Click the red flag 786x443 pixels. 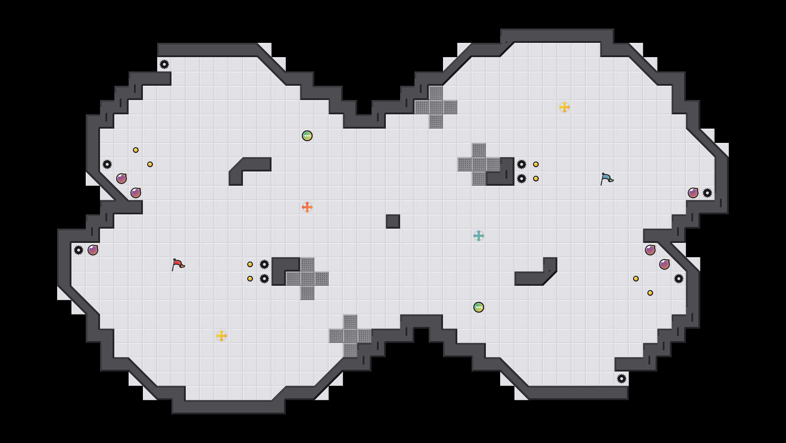(178, 264)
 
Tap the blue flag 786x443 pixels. (606, 179)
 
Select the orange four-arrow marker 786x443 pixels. (307, 207)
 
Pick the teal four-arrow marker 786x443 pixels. (479, 236)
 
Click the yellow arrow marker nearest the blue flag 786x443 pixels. (564, 107)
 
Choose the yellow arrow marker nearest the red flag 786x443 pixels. (222, 336)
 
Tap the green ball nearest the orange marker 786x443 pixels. (307, 136)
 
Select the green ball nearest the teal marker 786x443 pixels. (479, 307)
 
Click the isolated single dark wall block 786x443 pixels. (393, 221)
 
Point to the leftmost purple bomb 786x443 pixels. (93, 250)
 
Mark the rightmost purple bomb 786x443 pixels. (693, 193)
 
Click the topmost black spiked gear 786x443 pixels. (164, 64)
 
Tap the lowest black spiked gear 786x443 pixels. (622, 379)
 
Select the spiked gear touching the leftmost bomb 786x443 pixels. (79, 250)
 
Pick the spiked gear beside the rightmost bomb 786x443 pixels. (707, 193)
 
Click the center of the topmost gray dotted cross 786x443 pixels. (436, 107)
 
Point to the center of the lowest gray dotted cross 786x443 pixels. (350, 336)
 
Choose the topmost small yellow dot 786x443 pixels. (136, 150)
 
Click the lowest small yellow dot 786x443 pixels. (650, 293)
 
